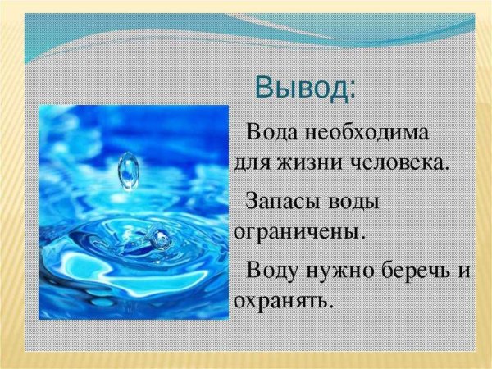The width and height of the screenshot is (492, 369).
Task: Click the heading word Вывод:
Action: click(305, 86)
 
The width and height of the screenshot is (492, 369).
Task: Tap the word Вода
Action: click(274, 131)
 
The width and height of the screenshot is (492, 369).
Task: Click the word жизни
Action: click(298, 161)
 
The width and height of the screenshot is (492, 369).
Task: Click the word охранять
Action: click(281, 302)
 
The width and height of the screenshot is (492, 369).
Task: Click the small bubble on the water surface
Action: click(161, 239)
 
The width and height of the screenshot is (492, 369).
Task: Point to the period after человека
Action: click(447, 166)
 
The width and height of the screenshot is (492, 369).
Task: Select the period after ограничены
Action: click(362, 236)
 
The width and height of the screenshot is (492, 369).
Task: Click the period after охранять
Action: click(331, 307)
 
